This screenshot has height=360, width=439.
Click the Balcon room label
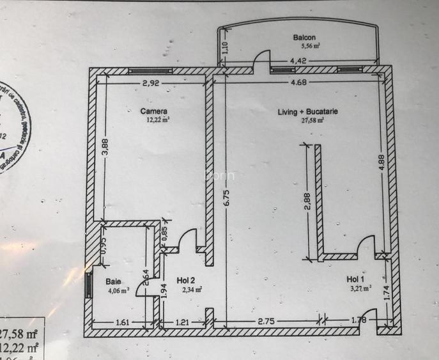click(305, 38)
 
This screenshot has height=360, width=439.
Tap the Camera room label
click(154, 111)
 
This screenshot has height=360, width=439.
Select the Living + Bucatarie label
click(308, 112)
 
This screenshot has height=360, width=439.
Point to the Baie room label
click(113, 281)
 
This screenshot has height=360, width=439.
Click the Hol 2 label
click(187, 280)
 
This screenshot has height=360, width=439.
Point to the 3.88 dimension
click(105, 150)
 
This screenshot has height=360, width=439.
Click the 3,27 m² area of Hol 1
click(360, 288)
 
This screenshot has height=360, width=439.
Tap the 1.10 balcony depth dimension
click(224, 48)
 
